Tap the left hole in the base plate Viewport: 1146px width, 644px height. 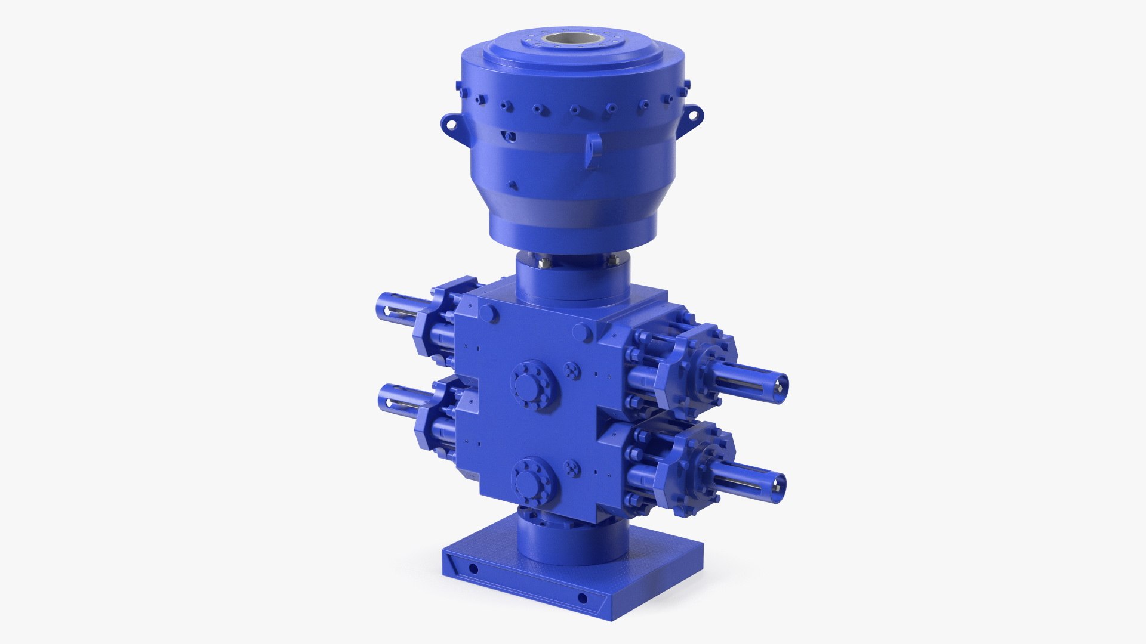tap(473, 567)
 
